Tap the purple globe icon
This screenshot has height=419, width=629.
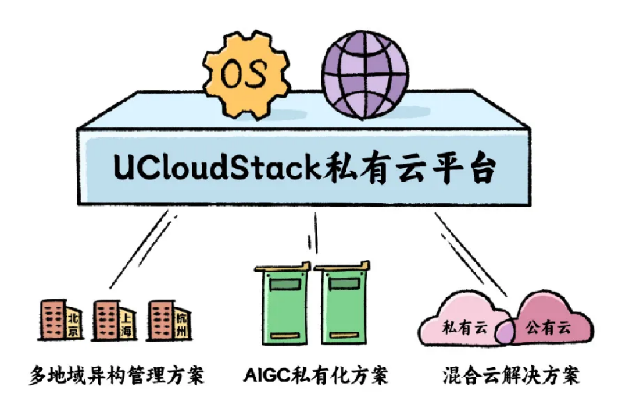[x=365, y=74]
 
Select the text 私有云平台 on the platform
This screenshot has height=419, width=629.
[x=410, y=168]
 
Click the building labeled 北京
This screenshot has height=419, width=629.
[x=60, y=320]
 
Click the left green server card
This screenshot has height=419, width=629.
[x=283, y=304]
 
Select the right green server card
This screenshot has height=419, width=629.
[x=342, y=304]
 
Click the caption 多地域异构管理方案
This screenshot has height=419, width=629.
[x=117, y=375]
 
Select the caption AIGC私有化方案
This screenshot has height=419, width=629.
[x=316, y=375]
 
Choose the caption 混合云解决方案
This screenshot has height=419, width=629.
[x=512, y=375]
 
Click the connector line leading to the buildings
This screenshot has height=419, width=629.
[x=139, y=249]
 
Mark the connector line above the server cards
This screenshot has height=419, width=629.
[x=316, y=233]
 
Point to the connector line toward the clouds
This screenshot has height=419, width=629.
[x=471, y=255]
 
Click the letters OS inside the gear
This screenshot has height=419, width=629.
[x=244, y=74]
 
